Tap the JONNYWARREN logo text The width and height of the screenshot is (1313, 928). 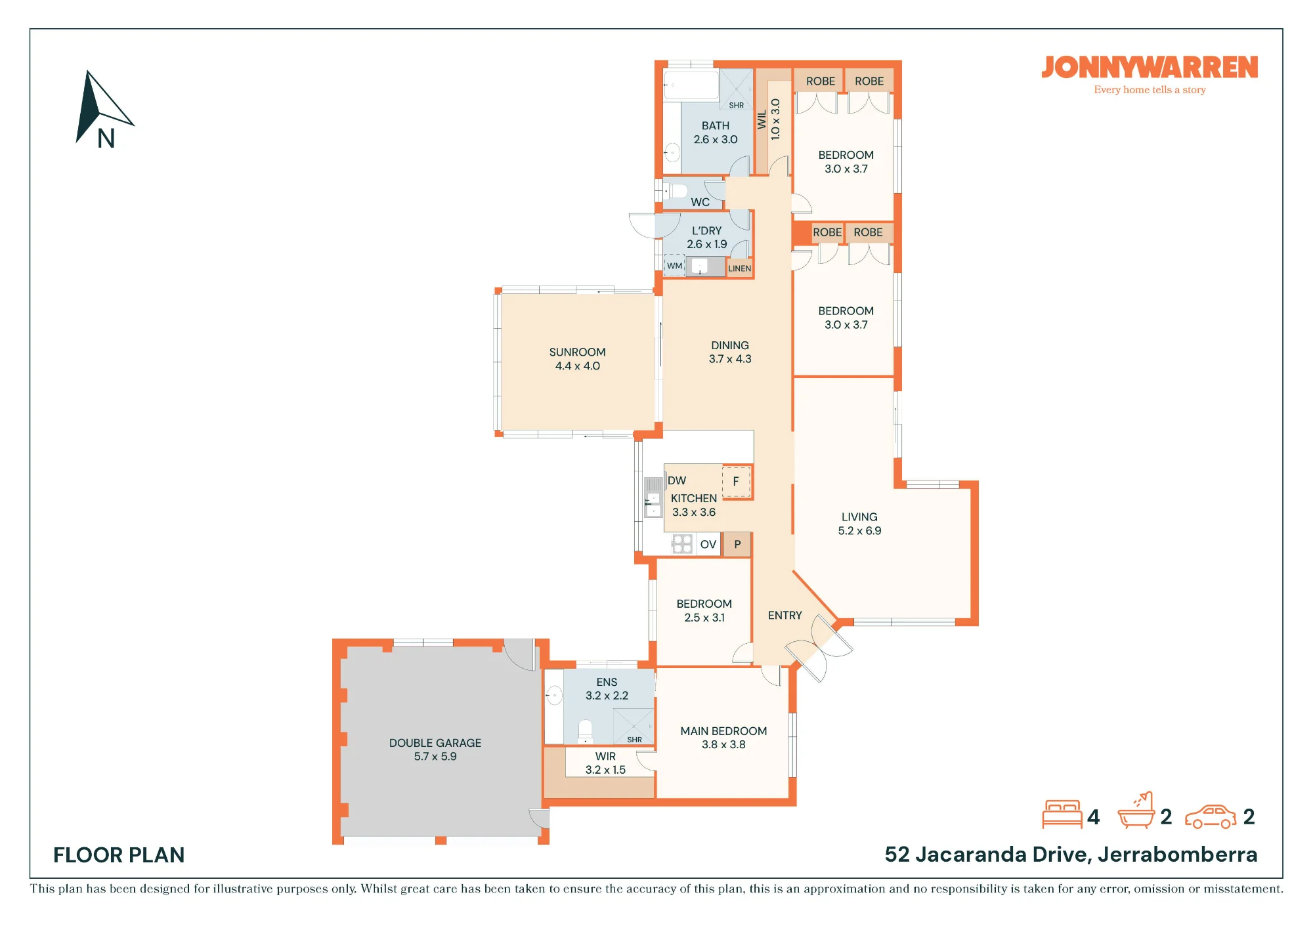pyautogui.click(x=1150, y=68)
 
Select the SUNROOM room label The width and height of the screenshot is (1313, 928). pyautogui.click(x=577, y=352)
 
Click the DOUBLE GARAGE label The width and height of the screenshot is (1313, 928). pyautogui.click(x=435, y=743)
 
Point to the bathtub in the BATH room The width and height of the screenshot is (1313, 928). pyautogui.click(x=691, y=85)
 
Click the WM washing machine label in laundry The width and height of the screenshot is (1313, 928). pyautogui.click(x=675, y=266)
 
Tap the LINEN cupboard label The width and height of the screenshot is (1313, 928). pyautogui.click(x=739, y=268)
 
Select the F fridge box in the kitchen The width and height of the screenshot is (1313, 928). pyautogui.click(x=736, y=482)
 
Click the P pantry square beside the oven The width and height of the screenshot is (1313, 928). pyautogui.click(x=737, y=544)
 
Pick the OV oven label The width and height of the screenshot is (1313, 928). pyautogui.click(x=708, y=545)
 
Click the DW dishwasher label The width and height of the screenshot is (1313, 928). pyautogui.click(x=677, y=480)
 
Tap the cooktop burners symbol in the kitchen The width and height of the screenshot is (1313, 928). pyautogui.click(x=683, y=543)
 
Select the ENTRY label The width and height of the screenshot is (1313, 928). pyautogui.click(x=785, y=616)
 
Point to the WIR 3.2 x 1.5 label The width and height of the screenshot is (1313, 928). pyautogui.click(x=605, y=763)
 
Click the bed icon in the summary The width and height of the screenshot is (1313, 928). pyautogui.click(x=1062, y=814)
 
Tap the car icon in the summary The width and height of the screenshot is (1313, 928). pyautogui.click(x=1211, y=817)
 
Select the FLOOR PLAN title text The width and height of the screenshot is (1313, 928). pyautogui.click(x=119, y=855)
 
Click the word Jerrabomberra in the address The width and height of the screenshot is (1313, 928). pyautogui.click(x=1177, y=854)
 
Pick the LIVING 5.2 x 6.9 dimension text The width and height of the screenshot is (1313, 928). pyautogui.click(x=859, y=531)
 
